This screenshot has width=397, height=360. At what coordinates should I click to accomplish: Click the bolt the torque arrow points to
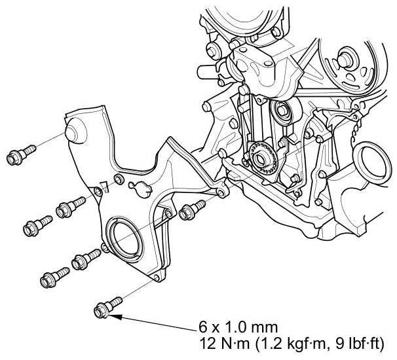107,308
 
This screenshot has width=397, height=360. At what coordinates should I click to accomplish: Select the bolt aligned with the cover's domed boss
21,155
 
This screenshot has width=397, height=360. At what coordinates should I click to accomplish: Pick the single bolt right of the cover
192,209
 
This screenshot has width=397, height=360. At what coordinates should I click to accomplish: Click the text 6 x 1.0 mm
238,328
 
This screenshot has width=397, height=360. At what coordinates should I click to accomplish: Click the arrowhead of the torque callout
115,317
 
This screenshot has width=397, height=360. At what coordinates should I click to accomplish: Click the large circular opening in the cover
124,238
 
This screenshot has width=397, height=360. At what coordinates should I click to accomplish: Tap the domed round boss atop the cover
75,130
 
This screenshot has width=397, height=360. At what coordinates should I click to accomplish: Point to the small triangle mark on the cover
104,186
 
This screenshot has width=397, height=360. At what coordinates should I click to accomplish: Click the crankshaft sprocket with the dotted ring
261,160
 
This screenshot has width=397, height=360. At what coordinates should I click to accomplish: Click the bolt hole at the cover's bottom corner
157,278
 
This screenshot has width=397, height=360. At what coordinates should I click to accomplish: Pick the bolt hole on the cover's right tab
221,194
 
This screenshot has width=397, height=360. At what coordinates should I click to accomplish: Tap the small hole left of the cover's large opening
105,247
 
